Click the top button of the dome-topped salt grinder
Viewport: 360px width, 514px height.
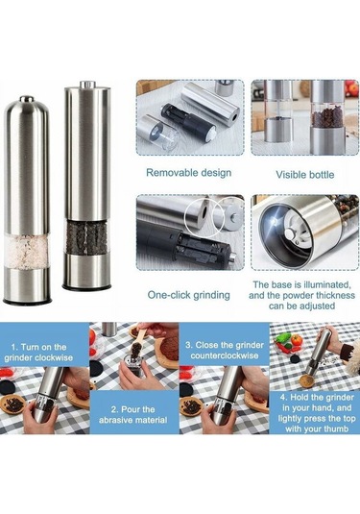27,98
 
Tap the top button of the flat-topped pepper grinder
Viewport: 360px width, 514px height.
87,85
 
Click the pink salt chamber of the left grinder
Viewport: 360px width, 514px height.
27,252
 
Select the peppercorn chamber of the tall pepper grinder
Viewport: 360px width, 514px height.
86,238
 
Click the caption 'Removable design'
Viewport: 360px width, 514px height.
189,173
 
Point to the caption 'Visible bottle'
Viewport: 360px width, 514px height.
305,175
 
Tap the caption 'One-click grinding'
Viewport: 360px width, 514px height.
189,295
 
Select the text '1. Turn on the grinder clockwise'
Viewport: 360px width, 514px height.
38,353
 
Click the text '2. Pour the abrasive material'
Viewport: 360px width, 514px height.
133,415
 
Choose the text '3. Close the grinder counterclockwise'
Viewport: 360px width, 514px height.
225,351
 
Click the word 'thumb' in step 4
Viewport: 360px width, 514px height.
336,428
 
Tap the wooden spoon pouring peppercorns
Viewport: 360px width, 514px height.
142,338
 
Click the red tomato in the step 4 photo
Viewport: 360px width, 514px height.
297,340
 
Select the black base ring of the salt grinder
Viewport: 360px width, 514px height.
27,301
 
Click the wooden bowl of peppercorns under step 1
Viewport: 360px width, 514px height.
12,404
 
